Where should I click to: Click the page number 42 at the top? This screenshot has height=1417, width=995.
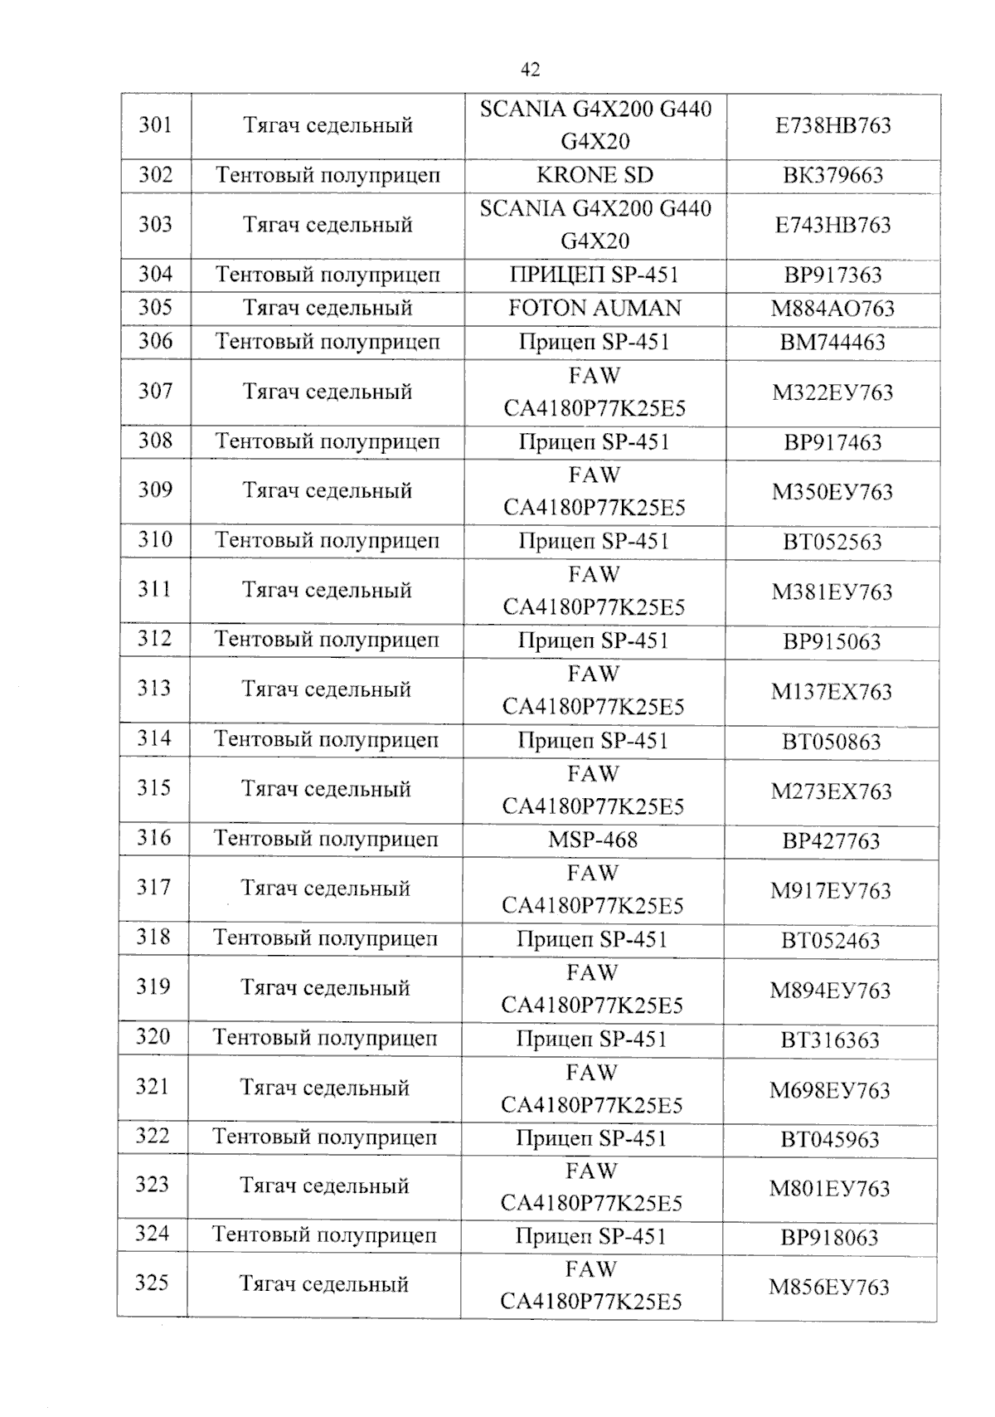pyautogui.click(x=530, y=70)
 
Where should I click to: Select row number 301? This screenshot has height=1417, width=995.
pyautogui.click(x=155, y=125)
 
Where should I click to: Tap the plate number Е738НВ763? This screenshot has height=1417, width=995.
pyautogui.click(x=832, y=126)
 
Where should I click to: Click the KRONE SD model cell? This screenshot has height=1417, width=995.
pyautogui.click(x=595, y=175)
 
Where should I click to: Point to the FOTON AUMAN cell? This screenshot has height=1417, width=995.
pyautogui.click(x=595, y=308)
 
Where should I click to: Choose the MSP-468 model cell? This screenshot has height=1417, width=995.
pyautogui.click(x=593, y=840)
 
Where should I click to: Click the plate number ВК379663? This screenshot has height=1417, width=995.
pyautogui.click(x=832, y=176)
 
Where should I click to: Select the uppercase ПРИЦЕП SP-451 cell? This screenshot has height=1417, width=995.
pyautogui.click(x=595, y=275)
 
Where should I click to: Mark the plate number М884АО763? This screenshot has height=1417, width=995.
pyautogui.click(x=832, y=309)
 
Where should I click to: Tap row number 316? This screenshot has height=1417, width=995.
pyautogui.click(x=153, y=838)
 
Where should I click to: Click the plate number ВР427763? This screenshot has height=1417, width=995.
pyautogui.click(x=831, y=841)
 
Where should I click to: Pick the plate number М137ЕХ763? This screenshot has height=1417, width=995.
pyautogui.click(x=831, y=692)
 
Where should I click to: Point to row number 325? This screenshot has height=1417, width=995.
pyautogui.click(x=152, y=1283)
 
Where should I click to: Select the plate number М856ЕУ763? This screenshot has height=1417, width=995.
pyautogui.click(x=829, y=1288)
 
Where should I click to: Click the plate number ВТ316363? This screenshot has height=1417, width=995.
pyautogui.click(x=830, y=1040)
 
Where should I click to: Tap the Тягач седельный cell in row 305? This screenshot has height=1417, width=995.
pyautogui.click(x=328, y=308)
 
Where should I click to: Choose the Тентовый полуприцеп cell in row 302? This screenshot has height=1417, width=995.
pyautogui.click(x=328, y=175)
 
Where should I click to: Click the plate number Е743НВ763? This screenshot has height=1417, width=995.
pyautogui.click(x=832, y=226)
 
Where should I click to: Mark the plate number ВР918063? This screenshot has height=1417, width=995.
pyautogui.click(x=829, y=1238)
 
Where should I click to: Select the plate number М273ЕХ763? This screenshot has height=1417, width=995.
pyautogui.click(x=831, y=791)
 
